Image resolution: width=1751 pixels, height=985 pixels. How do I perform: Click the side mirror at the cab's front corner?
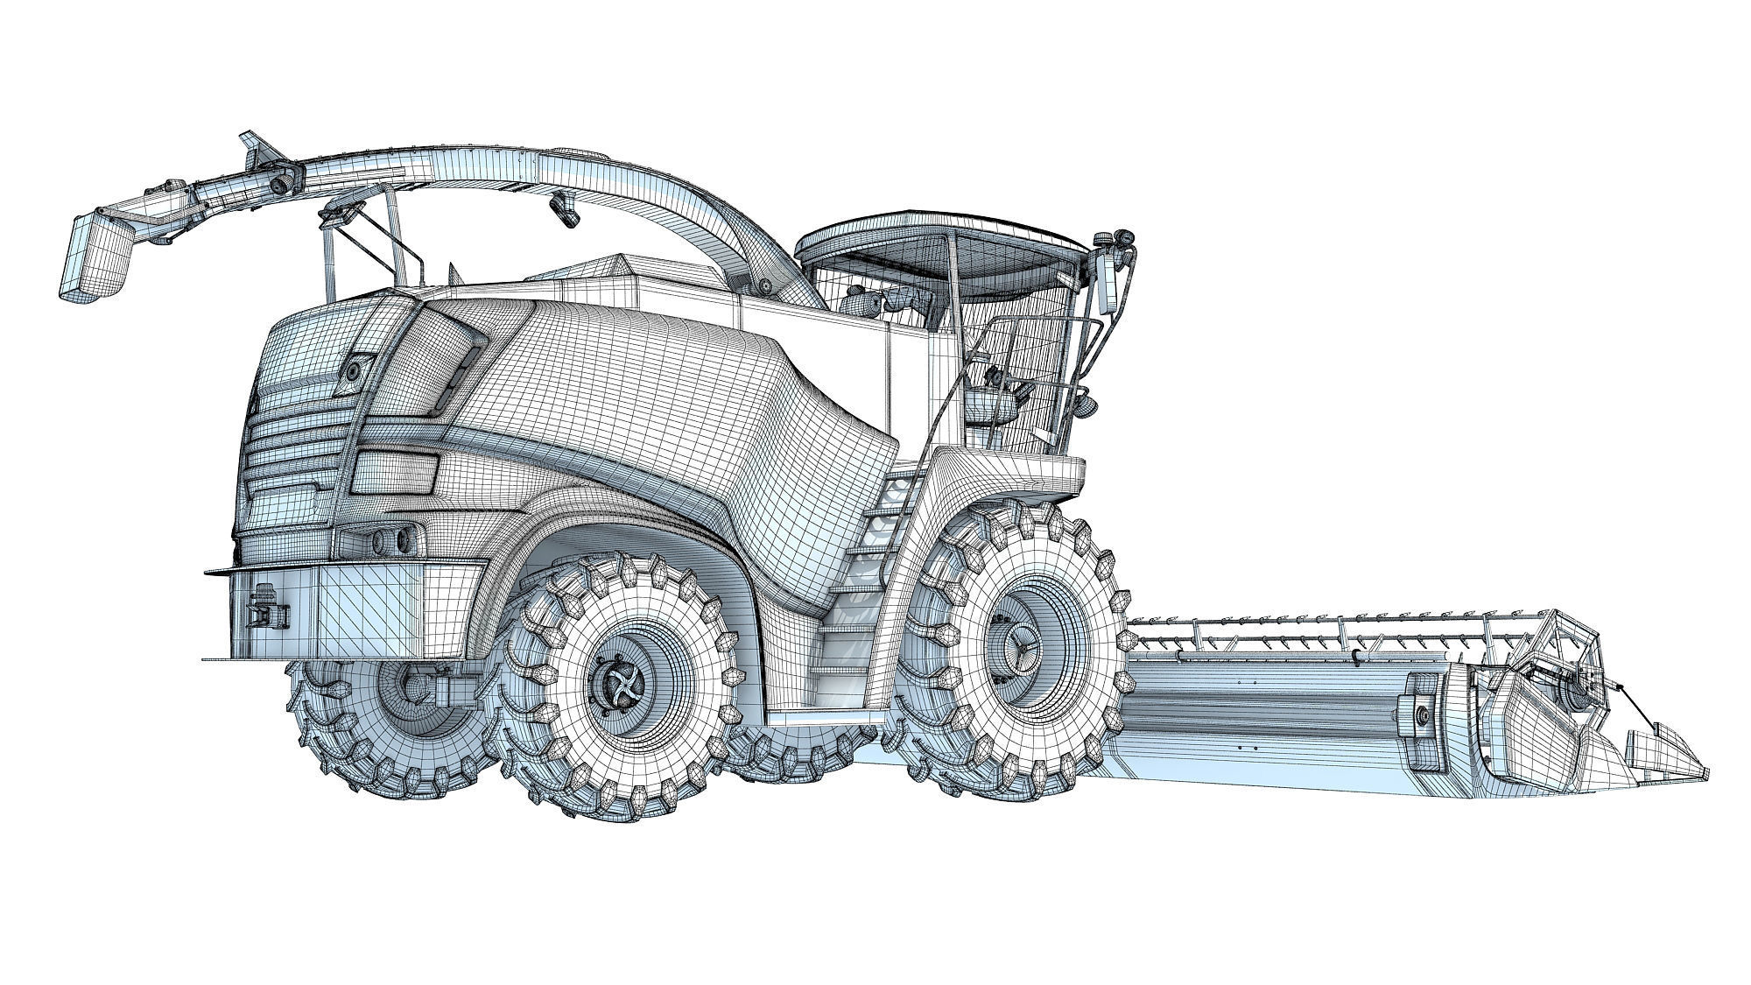tap(1108, 285)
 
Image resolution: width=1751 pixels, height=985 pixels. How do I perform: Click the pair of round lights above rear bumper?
tap(394, 536)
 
